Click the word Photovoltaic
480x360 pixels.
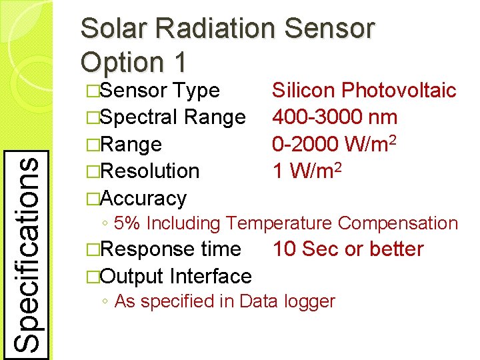tap(399, 90)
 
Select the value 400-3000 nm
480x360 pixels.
tap(335, 117)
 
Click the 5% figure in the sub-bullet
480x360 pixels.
tap(127, 224)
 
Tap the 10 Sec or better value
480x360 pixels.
tap(347, 249)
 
